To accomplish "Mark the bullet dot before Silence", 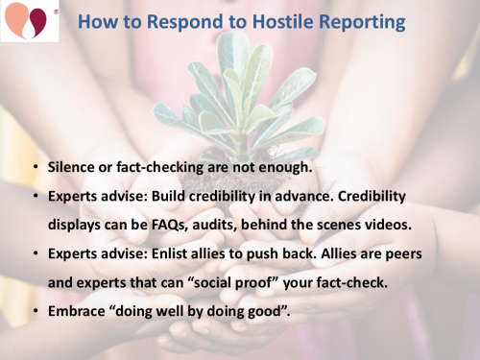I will [x=36, y=168].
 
